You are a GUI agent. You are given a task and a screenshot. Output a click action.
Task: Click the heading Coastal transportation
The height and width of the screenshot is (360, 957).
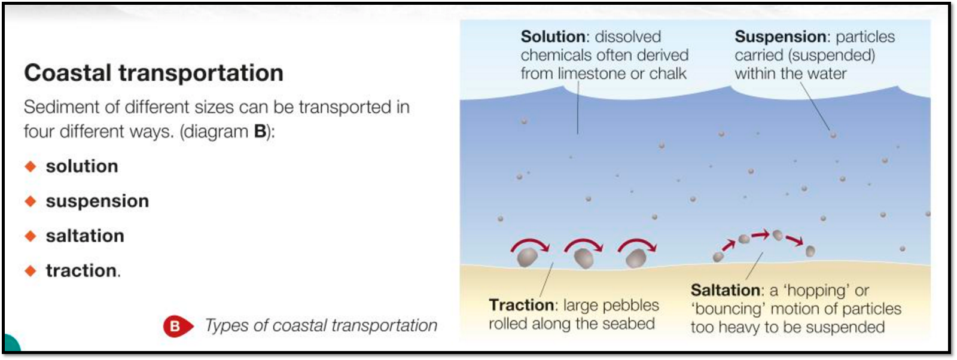154,72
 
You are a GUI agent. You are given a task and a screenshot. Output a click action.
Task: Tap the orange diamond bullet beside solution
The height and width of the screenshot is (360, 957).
31,166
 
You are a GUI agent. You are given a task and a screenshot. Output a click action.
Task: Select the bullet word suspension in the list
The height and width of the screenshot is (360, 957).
97,201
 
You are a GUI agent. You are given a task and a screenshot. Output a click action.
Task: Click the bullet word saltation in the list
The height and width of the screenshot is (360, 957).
85,236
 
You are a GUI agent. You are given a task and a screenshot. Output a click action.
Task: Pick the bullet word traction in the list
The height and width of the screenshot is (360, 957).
81,271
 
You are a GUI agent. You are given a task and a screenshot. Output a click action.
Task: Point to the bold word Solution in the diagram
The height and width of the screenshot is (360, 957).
553,36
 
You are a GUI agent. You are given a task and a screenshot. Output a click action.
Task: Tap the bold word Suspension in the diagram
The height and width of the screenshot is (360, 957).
781,37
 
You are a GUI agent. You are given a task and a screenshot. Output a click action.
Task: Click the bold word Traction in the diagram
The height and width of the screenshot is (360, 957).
521,305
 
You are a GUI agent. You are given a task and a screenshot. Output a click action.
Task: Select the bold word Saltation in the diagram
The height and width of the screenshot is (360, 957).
725,291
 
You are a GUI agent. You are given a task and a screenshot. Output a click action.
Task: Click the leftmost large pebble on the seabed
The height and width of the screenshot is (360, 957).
527,257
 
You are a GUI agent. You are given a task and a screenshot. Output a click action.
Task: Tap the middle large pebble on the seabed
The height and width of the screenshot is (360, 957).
584,258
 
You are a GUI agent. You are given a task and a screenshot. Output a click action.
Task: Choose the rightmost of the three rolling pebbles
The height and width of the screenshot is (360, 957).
636,258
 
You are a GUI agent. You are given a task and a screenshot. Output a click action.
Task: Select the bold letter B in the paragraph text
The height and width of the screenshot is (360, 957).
260,132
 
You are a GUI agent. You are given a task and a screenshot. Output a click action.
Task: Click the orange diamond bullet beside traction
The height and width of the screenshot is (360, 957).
31,271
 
